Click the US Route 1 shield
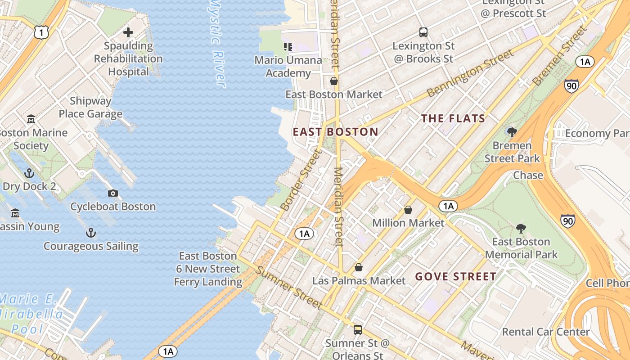click(40, 32)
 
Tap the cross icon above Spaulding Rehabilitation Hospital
click(128, 32)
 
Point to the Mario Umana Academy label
click(288, 67)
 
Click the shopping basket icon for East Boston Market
click(334, 81)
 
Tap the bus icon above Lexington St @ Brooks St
click(423, 32)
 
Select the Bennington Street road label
click(470, 73)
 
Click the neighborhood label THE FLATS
click(453, 119)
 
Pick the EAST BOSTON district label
click(335, 132)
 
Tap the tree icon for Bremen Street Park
click(512, 132)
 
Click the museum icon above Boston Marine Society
click(31, 119)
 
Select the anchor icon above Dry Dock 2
click(29, 173)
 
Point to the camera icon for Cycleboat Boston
click(113, 193)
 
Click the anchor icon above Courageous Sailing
click(91, 233)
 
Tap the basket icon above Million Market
click(408, 210)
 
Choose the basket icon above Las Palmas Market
click(359, 267)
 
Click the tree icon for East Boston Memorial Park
click(521, 228)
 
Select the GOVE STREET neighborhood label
click(455, 276)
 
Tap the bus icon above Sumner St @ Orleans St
click(357, 330)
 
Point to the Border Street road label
click(301, 180)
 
